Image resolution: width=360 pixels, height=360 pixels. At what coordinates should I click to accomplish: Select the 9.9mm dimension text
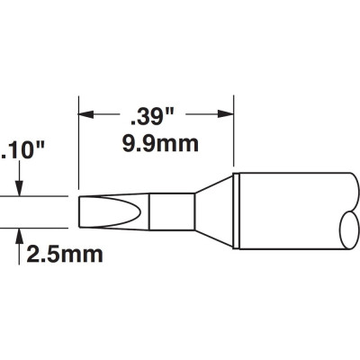(160, 144)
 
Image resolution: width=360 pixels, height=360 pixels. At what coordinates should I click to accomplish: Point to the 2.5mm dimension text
(65, 255)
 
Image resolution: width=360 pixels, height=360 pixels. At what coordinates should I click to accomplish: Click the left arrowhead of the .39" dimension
(85, 114)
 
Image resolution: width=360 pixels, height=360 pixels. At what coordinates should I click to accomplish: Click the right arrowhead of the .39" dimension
(226, 114)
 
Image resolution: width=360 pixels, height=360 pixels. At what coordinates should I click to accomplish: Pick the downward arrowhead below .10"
(20, 189)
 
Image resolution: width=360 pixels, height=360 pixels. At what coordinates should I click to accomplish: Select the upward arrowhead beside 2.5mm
(20, 236)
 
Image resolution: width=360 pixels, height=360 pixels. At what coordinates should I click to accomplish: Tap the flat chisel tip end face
(79, 212)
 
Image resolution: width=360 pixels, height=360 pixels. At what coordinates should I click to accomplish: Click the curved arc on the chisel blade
(140, 211)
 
